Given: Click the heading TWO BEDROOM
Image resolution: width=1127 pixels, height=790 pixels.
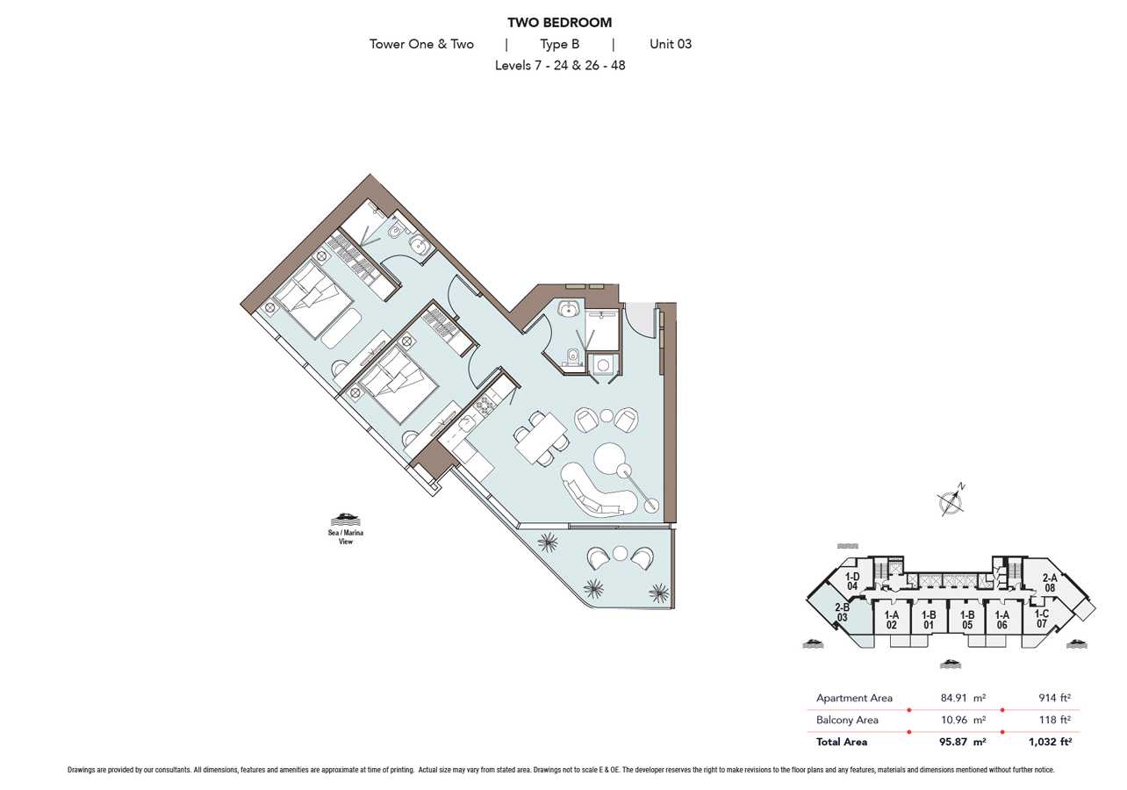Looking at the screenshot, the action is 559,23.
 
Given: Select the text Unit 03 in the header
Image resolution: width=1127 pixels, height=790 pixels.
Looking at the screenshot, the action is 671,44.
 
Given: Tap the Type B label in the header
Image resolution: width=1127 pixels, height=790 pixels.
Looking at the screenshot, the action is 559,44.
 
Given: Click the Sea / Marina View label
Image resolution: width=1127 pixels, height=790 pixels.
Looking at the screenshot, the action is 346,536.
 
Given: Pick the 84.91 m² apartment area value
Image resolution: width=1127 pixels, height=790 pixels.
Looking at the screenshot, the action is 963,698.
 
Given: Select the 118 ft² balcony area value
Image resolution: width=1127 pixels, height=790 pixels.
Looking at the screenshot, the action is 1054,720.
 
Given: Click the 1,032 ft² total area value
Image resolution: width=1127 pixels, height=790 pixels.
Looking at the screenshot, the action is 1050,741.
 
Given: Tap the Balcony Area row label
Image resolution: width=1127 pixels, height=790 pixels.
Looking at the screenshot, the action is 847,720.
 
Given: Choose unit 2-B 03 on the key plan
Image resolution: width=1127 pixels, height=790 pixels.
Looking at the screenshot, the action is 843,613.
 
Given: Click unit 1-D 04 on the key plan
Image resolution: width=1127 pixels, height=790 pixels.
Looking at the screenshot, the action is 851,581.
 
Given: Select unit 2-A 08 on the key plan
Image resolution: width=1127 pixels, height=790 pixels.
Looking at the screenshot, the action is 1050,583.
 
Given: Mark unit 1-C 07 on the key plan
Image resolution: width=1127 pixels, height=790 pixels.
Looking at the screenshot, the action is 1042,619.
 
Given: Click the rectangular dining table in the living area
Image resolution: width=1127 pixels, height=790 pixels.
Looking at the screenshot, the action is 541,437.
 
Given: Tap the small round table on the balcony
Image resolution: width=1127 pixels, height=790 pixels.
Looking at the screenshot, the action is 621,555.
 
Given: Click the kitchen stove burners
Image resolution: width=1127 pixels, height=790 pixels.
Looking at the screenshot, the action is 485,404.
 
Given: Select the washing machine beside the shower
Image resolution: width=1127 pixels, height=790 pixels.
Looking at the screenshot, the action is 603,364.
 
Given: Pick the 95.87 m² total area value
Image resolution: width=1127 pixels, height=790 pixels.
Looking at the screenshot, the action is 963,741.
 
